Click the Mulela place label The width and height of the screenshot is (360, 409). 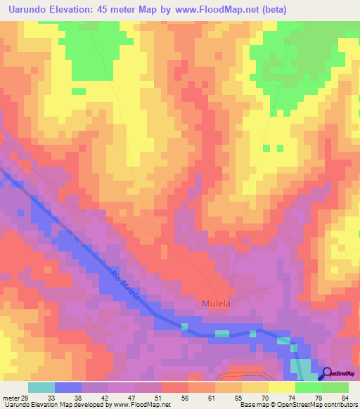pyautogui.click(x=217, y=304)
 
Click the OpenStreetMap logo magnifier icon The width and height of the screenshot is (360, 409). pyautogui.click(x=326, y=375)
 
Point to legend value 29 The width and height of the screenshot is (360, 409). pyautogui.click(x=26, y=397)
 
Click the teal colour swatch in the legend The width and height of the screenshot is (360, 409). pyautogui.click(x=41, y=387)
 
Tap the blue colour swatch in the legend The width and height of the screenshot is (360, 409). pyautogui.click(x=68, y=387)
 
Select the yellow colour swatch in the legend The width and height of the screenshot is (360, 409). pyautogui.click(x=281, y=387)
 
